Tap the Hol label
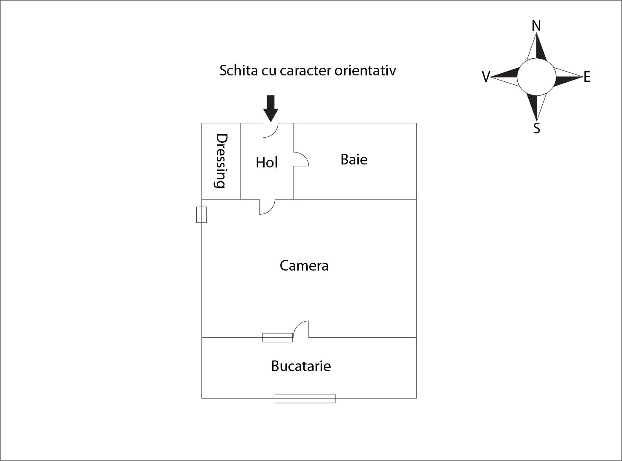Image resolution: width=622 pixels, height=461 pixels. tap(267, 162)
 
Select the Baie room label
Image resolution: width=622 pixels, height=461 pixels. tap(354, 159)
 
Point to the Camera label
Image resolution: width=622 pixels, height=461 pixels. tap(304, 266)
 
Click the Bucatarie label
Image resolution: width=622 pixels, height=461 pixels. tap(301, 366)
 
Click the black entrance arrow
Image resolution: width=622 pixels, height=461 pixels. tap(271, 108)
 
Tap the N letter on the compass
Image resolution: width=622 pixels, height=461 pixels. tap(536, 26)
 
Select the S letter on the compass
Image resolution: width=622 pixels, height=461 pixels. tap(537, 128)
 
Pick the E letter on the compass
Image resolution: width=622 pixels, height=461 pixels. tap(587, 77)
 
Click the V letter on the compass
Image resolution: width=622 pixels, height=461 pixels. tap(486, 77)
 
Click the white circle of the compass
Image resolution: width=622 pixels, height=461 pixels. tap(536, 77)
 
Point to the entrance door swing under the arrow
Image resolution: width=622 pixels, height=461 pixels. tap(270, 130)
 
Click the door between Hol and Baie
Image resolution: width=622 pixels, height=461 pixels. tap(301, 159)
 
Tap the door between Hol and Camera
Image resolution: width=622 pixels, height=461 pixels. tap(267, 207)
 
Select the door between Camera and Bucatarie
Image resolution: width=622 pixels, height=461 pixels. tap(301, 329)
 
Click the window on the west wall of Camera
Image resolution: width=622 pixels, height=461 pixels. tap(202, 215)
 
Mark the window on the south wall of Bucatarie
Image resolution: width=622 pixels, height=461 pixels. tap(305, 398)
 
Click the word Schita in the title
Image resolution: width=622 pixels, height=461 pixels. tap(233, 71)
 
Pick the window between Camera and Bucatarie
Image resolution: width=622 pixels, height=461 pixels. tap(277, 337)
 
